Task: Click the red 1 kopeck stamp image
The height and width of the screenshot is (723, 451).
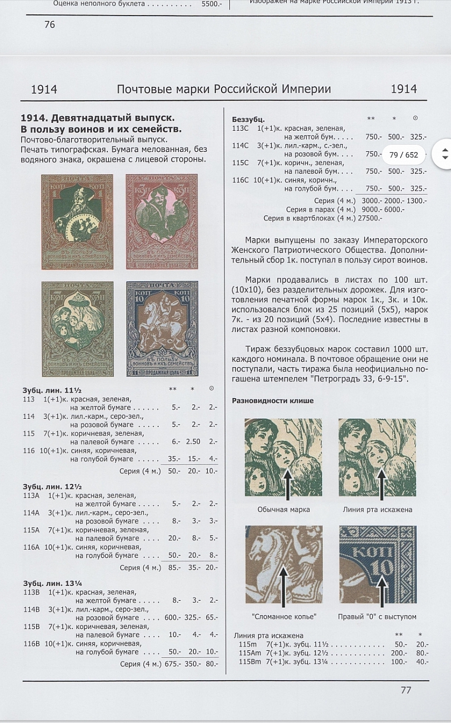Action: [x=77, y=221]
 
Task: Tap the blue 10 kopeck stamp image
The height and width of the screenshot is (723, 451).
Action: [x=162, y=329]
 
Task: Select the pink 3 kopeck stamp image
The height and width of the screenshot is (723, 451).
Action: [x=162, y=221]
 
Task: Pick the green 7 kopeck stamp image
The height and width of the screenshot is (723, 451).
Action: [x=77, y=329]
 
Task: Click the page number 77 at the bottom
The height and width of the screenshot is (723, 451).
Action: [x=406, y=690]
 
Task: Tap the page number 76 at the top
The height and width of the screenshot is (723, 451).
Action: [x=49, y=24]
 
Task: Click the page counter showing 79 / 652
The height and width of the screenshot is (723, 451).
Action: [x=404, y=155]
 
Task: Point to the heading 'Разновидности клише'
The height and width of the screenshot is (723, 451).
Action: [x=272, y=400]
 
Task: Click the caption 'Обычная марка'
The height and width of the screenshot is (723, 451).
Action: [x=283, y=509]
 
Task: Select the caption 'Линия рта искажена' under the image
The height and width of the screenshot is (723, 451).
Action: [x=377, y=509]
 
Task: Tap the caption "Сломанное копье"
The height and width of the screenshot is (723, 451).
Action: [x=284, y=616]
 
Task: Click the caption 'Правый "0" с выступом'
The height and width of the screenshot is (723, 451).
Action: [x=377, y=616]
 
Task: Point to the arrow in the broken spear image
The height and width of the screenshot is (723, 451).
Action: [x=283, y=587]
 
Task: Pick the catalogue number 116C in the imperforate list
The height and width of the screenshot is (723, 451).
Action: [x=240, y=180]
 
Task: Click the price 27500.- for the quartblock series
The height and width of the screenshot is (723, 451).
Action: [x=369, y=218]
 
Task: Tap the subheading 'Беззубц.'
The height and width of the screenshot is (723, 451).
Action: [x=248, y=120]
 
